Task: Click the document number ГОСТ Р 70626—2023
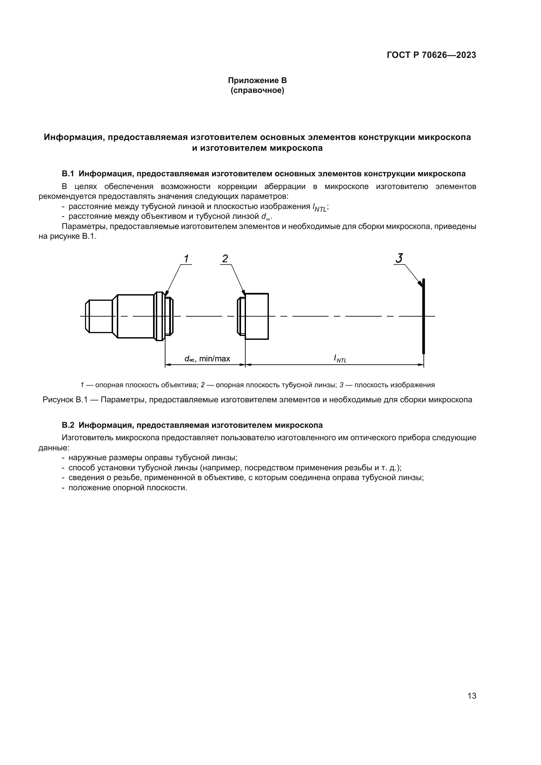coord(431,55)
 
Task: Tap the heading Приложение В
coord(257,80)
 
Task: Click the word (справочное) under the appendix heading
coord(257,90)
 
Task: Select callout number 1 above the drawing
coord(186,259)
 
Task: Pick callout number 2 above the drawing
coord(225,259)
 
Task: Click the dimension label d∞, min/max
coord(207,359)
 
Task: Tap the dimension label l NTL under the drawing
coord(340,358)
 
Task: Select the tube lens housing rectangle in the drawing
coord(256,316)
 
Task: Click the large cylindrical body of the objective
coord(135,316)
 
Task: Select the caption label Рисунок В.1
coord(65,399)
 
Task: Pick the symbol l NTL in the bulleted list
coord(320,207)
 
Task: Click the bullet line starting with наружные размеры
coord(152,458)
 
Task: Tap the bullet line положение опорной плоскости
coord(128,487)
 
